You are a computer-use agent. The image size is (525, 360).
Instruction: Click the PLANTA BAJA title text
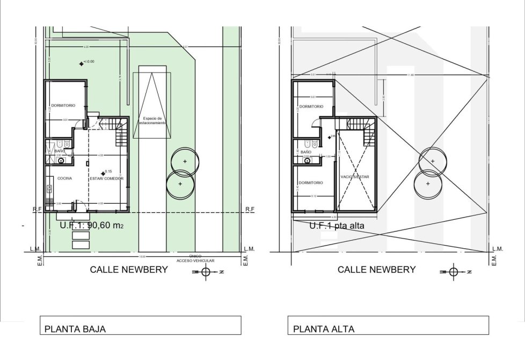pos(75,329)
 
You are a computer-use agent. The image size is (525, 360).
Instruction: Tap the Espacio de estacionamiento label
pos(152,120)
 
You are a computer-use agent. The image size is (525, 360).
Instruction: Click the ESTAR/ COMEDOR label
pos(107,178)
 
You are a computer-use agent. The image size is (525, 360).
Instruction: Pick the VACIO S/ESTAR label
pos(355,176)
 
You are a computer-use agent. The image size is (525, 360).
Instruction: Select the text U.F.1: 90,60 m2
pos(92,226)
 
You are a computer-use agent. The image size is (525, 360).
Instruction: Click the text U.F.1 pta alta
pos(337,226)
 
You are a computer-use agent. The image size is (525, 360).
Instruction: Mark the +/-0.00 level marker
pos(81,63)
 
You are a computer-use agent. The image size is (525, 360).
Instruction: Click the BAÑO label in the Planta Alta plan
pos(306,152)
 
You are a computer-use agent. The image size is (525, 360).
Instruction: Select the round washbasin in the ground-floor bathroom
pos(61,161)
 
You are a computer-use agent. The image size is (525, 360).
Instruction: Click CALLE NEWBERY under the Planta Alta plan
pos(376,270)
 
